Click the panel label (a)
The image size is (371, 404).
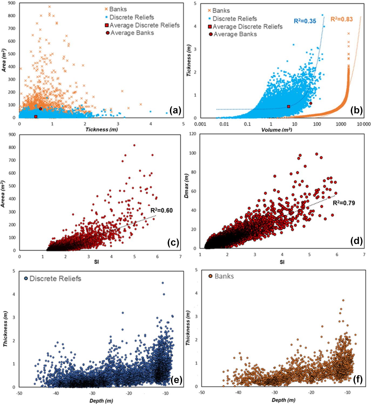click(x=175, y=110)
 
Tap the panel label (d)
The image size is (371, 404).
click(x=356, y=241)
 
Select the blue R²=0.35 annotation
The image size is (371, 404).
click(x=305, y=21)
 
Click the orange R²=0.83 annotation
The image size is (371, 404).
click(x=342, y=19)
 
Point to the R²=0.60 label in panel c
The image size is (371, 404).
click(x=161, y=211)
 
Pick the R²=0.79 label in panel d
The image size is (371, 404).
click(x=344, y=203)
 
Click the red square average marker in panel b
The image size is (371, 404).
click(x=288, y=107)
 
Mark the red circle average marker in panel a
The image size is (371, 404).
click(x=41, y=109)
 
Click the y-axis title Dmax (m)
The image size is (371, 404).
click(x=186, y=186)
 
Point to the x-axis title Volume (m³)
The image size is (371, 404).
click(x=276, y=130)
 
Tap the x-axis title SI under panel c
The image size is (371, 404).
click(x=96, y=262)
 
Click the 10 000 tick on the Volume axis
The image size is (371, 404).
click(x=363, y=124)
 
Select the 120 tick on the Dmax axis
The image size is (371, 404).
click(x=193, y=134)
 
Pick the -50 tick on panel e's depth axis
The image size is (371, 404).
click(x=19, y=393)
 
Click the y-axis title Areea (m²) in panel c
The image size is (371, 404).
click(x=3, y=194)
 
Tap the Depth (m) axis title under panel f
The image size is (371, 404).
click(x=284, y=400)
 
